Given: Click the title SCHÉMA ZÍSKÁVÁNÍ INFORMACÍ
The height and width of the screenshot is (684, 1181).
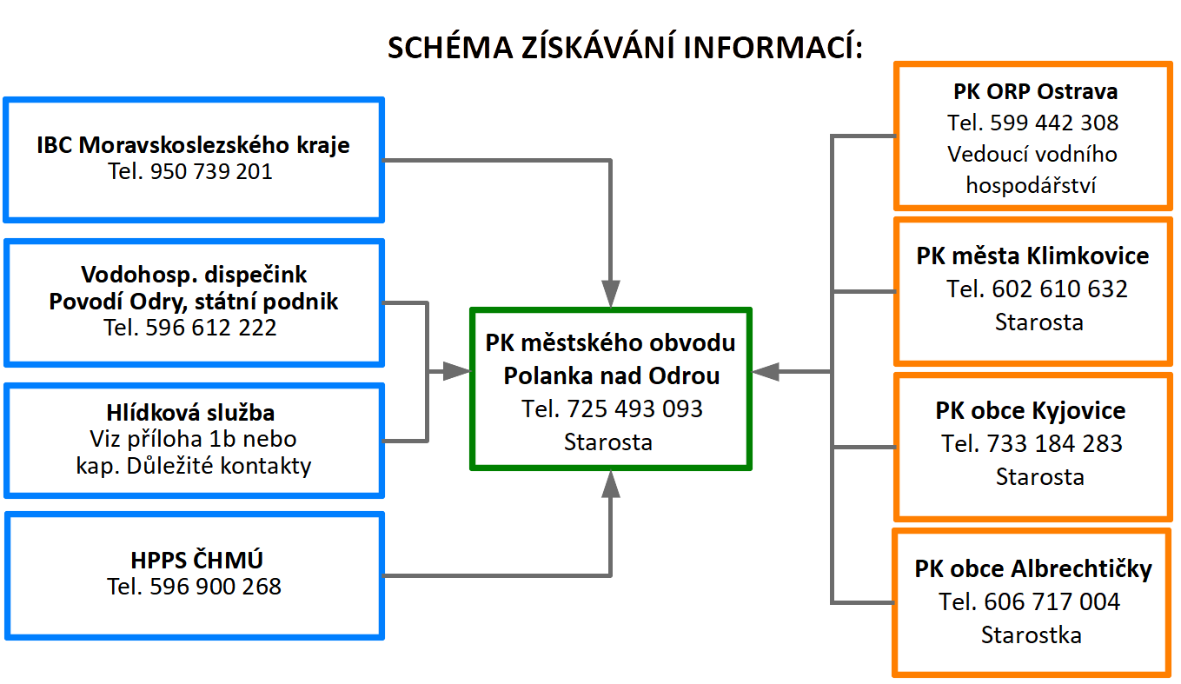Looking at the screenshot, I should tap(624, 48).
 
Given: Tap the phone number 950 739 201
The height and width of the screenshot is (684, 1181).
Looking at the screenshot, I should tap(211, 172).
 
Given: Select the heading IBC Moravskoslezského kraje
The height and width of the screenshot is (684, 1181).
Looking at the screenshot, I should tap(193, 144).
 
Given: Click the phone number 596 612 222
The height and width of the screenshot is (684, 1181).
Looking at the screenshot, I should tap(213, 328).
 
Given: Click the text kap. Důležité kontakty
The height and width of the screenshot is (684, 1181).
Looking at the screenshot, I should tap(193, 466).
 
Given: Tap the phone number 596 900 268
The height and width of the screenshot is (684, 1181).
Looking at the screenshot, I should tap(216, 587).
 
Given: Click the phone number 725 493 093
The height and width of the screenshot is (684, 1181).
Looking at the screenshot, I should tap(634, 408).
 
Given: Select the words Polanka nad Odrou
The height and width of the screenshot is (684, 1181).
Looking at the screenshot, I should tap(611, 376).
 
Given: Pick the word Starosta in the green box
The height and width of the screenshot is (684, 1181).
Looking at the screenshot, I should tap(607, 442).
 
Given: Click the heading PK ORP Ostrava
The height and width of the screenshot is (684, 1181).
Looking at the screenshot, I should tap(1034, 92).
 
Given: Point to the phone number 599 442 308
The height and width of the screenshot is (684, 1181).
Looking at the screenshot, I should tap(1055, 123).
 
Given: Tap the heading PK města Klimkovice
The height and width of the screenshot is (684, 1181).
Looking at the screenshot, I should tap(1032, 256).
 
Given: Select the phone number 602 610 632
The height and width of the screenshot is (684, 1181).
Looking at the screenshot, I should tap(1059, 289).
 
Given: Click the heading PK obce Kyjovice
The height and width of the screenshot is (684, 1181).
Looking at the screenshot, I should tap(1031, 411).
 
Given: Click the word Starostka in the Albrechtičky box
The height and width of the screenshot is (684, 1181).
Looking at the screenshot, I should tap(1031, 635).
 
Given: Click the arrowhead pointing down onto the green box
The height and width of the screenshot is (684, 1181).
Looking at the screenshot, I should tap(612, 293).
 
